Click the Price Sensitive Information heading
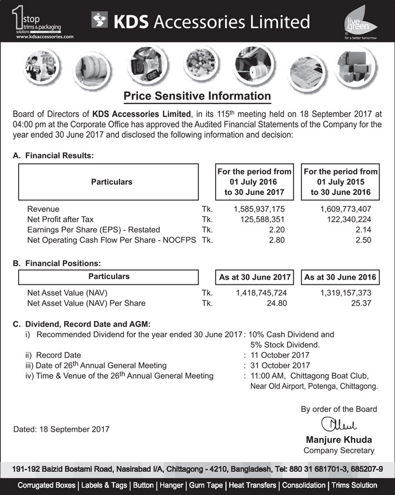197,95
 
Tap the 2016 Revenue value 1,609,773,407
345,209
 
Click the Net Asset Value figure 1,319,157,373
345,293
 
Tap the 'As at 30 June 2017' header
254,277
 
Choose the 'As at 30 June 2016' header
340,277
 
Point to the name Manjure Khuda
338,440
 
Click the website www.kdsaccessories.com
45,36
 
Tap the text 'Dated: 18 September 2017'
61,429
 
